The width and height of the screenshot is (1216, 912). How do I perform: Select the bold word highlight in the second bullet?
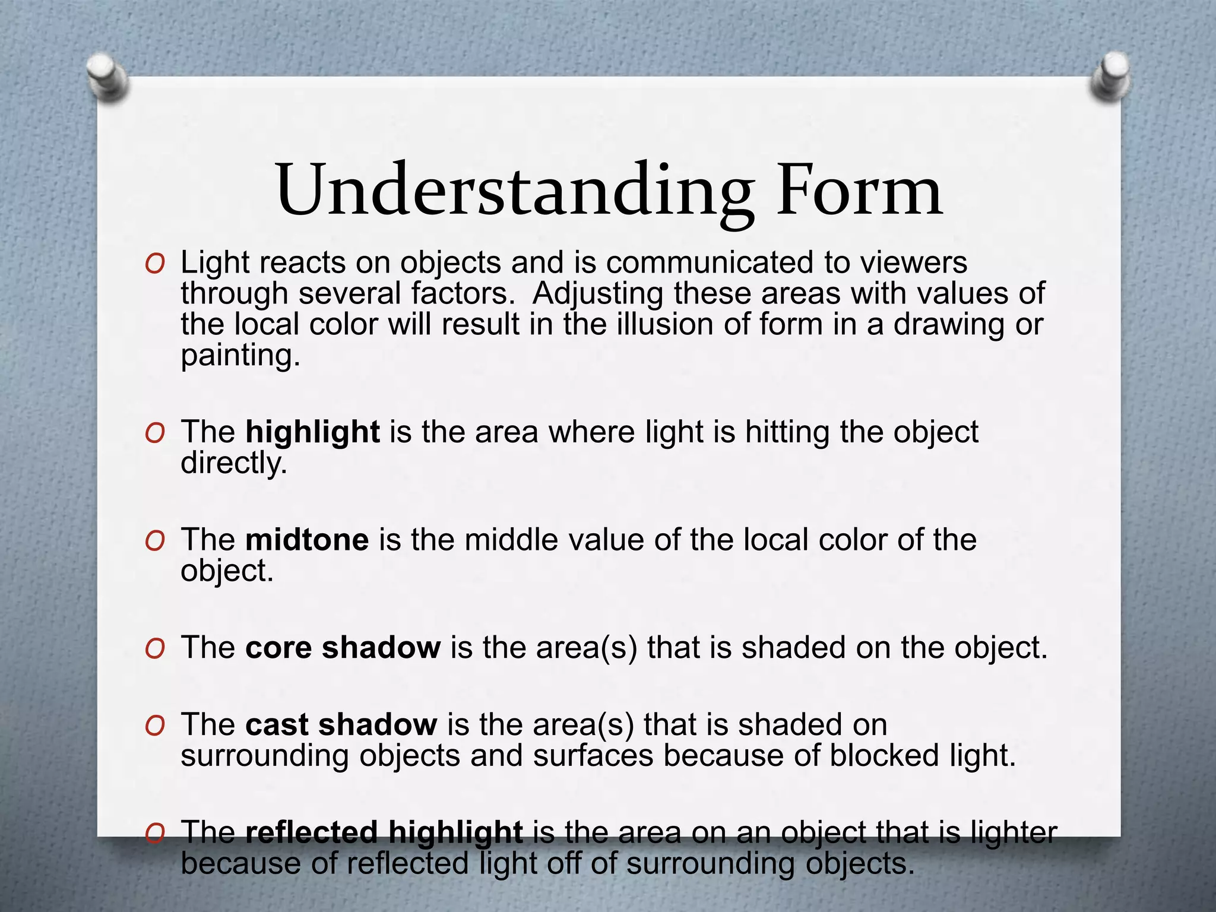[312, 432]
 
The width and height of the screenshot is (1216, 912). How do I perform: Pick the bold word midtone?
[307, 540]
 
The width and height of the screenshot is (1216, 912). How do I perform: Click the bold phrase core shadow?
[343, 647]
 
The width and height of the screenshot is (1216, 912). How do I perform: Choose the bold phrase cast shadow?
[341, 724]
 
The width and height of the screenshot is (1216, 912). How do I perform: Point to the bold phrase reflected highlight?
[384, 832]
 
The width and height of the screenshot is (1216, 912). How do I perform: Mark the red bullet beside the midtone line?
[154, 541]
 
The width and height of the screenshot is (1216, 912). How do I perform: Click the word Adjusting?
[597, 294]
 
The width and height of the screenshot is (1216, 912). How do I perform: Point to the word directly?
[233, 463]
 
